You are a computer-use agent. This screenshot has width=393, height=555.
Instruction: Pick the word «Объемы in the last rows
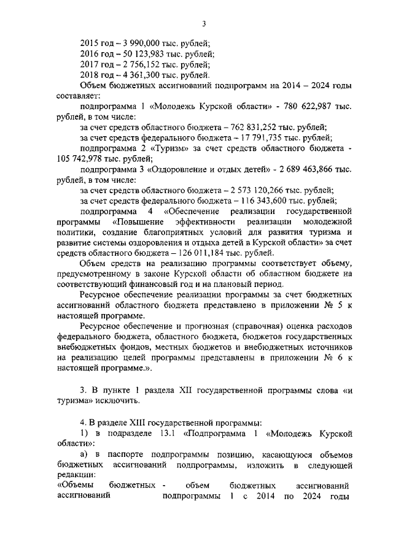tap(75, 486)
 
